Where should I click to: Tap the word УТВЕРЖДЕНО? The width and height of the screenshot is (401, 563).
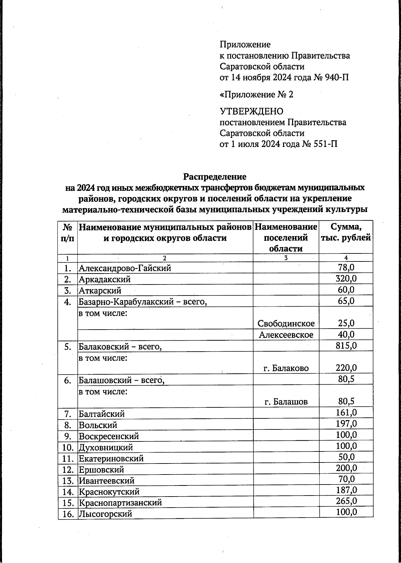[x=251, y=111]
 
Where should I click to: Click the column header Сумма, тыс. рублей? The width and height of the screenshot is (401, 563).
[x=346, y=233]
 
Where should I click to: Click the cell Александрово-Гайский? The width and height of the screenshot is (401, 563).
[x=125, y=268]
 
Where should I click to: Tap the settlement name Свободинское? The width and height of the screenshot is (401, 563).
[x=286, y=323]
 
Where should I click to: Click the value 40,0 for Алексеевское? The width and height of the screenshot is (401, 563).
[x=346, y=334]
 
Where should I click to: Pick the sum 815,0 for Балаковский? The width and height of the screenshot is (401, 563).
[x=346, y=346]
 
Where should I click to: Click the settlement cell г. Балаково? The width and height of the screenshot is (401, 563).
[x=286, y=368]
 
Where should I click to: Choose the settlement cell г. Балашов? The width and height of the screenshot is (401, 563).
[x=286, y=402]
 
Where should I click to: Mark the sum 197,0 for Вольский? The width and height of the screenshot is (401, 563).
[x=346, y=424]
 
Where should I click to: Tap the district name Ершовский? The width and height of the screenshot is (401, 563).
[x=101, y=470]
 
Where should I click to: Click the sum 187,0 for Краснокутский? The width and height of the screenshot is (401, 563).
[x=346, y=490]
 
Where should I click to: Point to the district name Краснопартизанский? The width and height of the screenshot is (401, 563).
[x=120, y=503]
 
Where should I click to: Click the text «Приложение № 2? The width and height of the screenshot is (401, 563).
[x=256, y=95]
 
